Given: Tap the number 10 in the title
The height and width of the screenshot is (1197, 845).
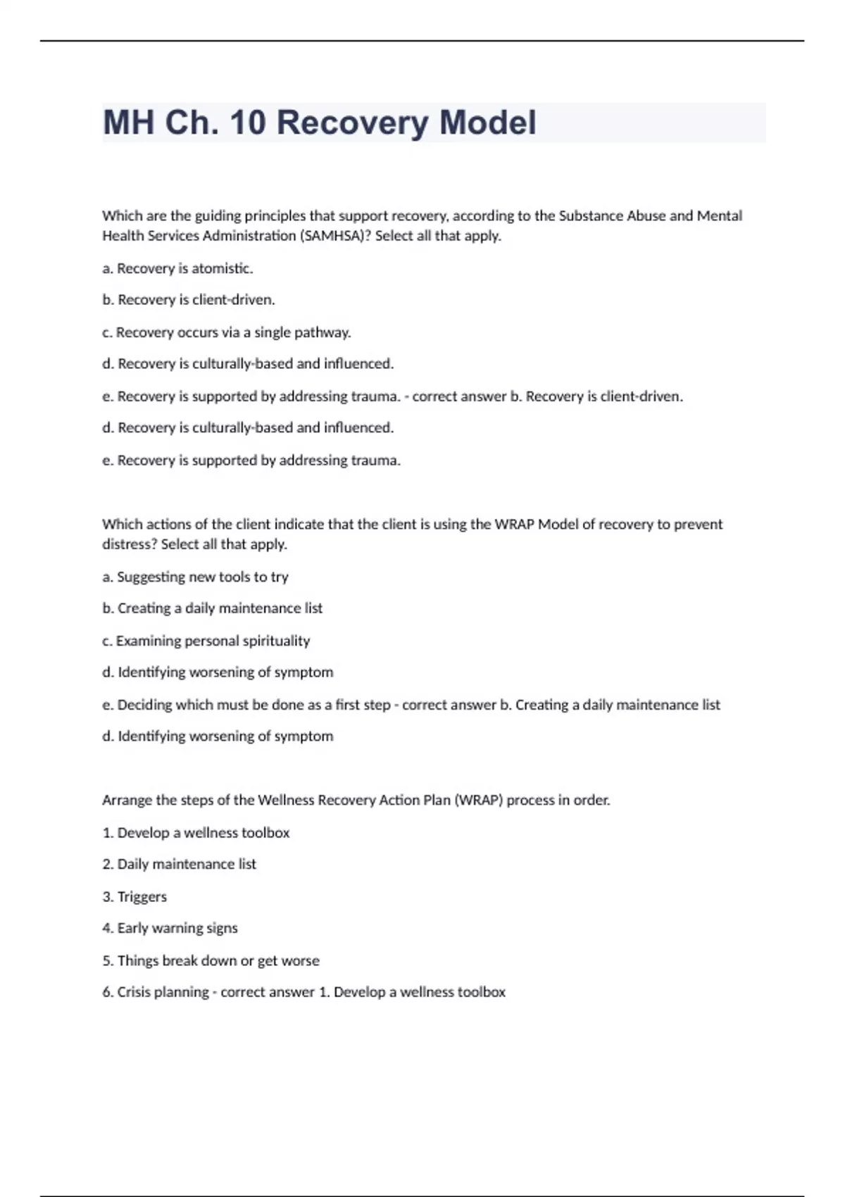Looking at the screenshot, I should [247, 123].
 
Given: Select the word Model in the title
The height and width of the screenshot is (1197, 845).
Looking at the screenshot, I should [487, 123].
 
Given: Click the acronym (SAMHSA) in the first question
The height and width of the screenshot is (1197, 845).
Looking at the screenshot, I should [335, 236].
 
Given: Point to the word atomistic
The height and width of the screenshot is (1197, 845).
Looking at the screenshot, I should [222, 268].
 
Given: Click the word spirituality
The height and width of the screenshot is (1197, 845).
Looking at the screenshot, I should [276, 641].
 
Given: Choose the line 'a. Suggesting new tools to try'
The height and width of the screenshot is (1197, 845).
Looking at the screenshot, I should [195, 577].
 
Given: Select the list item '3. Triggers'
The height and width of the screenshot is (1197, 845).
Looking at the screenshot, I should [134, 896].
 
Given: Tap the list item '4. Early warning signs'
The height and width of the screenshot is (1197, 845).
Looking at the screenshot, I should [170, 928].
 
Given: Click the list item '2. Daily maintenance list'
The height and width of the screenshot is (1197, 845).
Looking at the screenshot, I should [179, 864].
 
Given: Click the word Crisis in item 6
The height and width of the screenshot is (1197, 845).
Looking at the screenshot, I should [133, 992].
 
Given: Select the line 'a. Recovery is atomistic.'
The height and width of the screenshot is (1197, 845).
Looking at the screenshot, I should [177, 268].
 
